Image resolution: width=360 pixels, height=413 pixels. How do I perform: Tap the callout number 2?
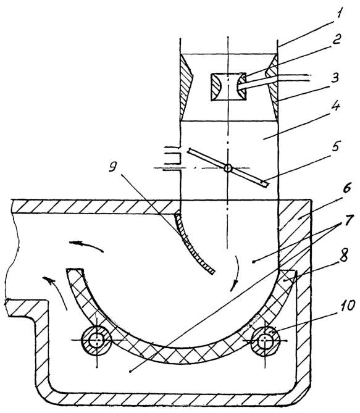[336, 39]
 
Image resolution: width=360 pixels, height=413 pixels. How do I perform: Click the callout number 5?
[335, 147]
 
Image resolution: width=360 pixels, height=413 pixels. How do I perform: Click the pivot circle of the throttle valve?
[228, 168]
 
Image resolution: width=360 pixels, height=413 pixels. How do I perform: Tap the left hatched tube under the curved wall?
[97, 340]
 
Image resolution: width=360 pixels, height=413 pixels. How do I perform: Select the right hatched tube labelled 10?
[266, 340]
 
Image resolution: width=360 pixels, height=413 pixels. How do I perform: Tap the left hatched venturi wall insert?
[187, 87]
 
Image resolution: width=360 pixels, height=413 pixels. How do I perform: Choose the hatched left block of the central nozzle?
[216, 87]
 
